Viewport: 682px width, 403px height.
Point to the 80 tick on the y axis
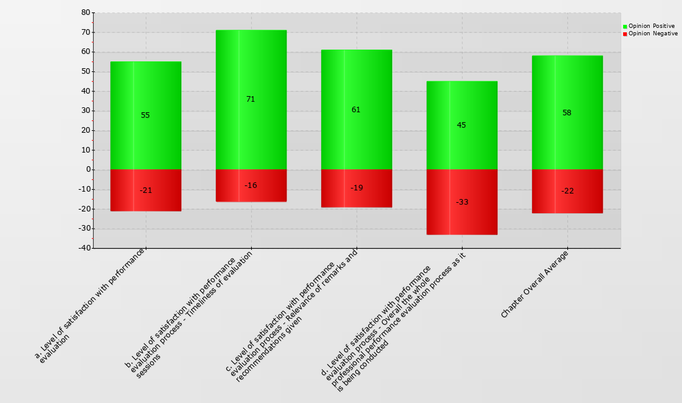tap(86, 12)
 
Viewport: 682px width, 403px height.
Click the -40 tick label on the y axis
tap(84, 248)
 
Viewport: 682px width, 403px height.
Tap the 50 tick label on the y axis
tap(86, 71)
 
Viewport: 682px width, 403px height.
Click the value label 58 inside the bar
tap(567, 113)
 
